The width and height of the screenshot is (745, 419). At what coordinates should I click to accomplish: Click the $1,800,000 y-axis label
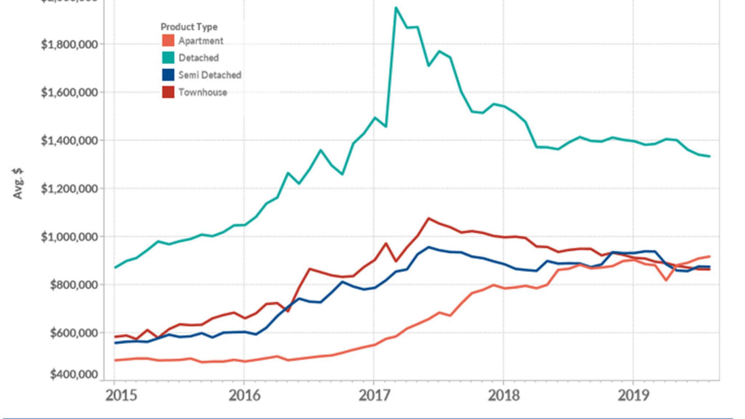click(69, 45)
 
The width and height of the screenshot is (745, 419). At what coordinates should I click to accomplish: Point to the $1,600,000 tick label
click(69, 92)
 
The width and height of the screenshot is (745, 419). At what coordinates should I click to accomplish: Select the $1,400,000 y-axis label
click(69, 141)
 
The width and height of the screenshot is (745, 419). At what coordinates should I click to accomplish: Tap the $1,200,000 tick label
click(69, 189)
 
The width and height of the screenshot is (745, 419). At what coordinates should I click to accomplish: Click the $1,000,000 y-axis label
click(69, 237)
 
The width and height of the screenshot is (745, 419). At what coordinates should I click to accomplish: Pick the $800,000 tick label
click(74, 285)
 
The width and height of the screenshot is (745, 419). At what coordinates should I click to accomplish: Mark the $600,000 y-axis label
click(74, 333)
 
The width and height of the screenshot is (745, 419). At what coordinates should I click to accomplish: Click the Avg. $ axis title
click(18, 184)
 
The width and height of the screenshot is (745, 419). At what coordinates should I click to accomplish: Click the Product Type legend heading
click(189, 27)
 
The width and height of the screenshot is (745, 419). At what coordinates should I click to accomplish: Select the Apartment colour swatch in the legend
click(168, 41)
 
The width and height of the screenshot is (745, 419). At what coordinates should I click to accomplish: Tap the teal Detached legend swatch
click(168, 58)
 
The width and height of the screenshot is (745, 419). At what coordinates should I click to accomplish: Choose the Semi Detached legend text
click(210, 75)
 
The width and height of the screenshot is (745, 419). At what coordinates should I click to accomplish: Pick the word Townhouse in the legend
click(203, 92)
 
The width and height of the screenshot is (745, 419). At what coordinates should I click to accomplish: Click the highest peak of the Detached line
click(396, 7)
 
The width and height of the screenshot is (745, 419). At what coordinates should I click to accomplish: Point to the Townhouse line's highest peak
click(429, 218)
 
